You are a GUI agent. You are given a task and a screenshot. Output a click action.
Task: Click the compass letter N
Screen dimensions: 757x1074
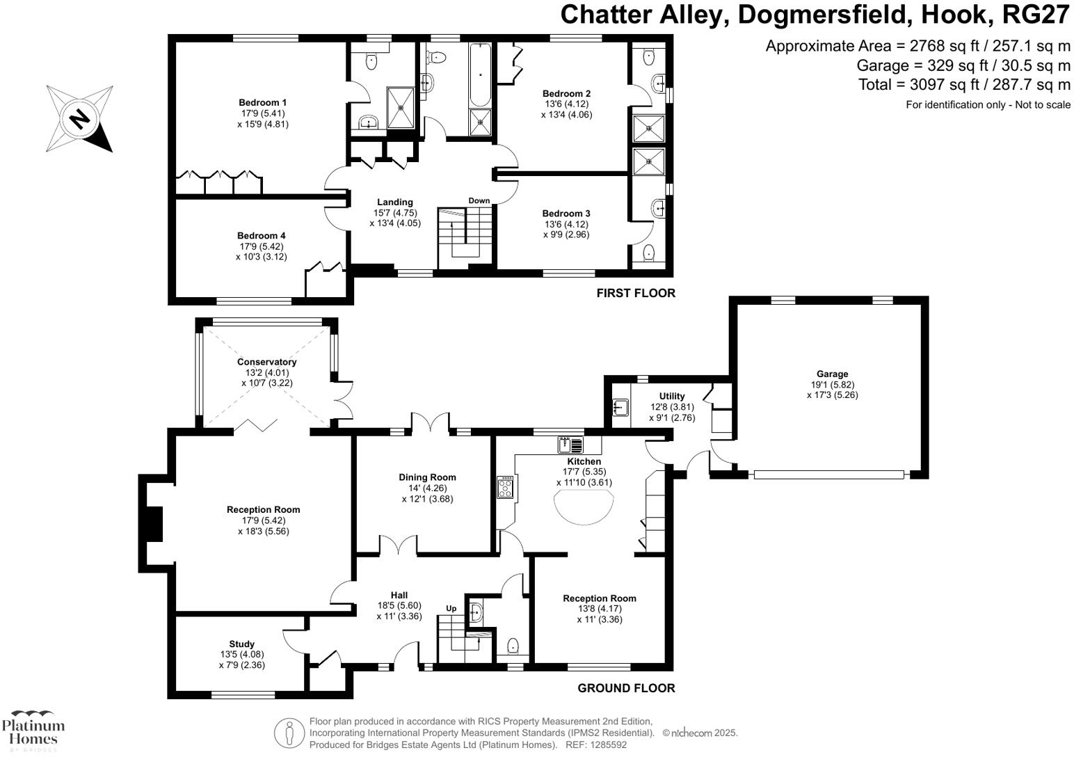[80, 118]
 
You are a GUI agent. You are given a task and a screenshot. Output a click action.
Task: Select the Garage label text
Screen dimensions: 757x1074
[832, 374]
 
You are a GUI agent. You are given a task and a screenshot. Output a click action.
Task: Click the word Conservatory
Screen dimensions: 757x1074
[266, 362]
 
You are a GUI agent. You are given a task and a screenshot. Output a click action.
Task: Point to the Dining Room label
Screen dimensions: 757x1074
[427, 477]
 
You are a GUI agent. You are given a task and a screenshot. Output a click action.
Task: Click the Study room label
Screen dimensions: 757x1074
[241, 644]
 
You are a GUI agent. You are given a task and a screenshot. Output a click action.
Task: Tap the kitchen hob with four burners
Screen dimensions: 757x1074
[505, 487]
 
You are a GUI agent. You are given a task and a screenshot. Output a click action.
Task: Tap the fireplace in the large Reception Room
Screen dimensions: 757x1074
[154, 524]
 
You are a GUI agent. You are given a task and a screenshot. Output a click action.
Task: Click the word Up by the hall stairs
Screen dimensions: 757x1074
[451, 609]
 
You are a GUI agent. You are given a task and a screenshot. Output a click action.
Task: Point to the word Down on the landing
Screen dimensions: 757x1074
[479, 200]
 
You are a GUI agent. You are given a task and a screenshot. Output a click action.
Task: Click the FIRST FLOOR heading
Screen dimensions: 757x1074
[635, 293]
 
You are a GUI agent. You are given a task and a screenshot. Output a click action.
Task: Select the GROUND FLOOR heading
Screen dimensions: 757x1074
[626, 688]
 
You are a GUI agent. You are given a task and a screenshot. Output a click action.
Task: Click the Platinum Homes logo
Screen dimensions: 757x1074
[33, 731]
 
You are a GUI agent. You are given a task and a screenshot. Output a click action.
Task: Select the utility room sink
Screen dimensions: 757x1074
[620, 408]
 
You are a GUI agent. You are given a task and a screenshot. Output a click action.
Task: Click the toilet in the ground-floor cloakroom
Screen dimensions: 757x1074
[513, 646]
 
